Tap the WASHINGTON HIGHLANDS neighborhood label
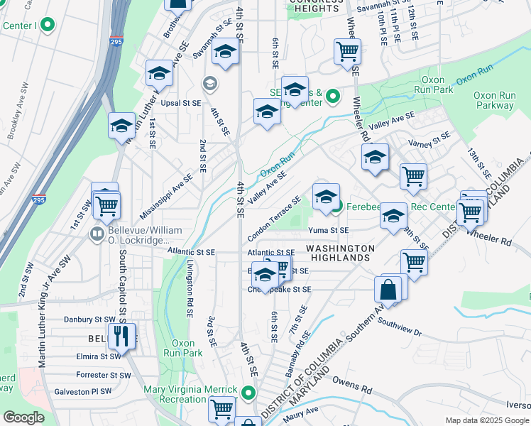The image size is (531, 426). [x=340, y=253]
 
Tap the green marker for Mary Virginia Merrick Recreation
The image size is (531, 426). [x=248, y=393]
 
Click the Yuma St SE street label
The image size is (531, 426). [x=329, y=230]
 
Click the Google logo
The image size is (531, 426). [x=23, y=417]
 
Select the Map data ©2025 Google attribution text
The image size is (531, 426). [x=487, y=420]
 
